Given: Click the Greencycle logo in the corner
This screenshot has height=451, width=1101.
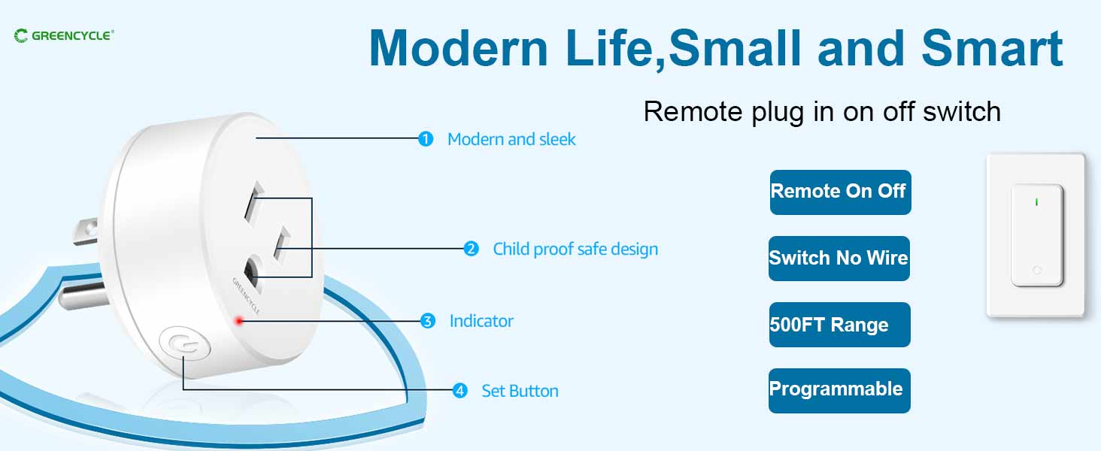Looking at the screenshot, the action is click(64, 36).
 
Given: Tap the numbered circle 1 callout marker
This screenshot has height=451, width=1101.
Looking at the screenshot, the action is click(426, 139).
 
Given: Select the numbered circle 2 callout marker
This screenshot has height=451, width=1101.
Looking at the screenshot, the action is click(471, 249).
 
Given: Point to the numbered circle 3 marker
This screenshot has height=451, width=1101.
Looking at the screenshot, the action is click(428, 321).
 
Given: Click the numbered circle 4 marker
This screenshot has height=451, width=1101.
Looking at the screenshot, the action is click(460, 391).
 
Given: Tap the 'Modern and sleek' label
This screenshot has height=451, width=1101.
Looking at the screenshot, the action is click(511, 140).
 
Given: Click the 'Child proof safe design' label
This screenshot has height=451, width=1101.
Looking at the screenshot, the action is click(575, 249).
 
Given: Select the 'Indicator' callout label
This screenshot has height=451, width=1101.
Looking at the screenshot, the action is click(481, 321).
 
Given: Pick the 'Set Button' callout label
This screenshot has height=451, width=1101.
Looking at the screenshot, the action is click(520, 391).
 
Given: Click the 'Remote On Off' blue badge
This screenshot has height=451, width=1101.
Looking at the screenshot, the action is click(841, 192).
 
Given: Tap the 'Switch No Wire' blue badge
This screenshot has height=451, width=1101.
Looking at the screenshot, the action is click(839, 259).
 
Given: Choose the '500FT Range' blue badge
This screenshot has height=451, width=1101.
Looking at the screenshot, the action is click(839, 325).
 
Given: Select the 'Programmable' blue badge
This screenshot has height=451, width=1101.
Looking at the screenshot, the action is click(839, 391).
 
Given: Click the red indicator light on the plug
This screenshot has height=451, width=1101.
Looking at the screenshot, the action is click(239, 321).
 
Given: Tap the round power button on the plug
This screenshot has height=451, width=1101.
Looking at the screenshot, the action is click(185, 344).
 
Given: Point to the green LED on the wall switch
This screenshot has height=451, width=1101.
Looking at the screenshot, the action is click(1036, 202).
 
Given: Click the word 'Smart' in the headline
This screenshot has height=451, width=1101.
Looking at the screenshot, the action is click(992, 48).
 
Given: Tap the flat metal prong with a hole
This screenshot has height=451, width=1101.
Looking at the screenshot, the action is click(86, 231).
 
